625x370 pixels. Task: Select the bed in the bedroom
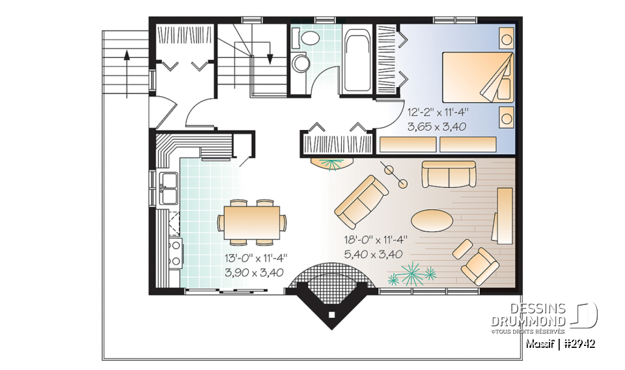pos(478,77)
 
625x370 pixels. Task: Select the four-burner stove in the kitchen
pos(175,254)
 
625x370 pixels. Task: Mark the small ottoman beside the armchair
pos(463,248)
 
